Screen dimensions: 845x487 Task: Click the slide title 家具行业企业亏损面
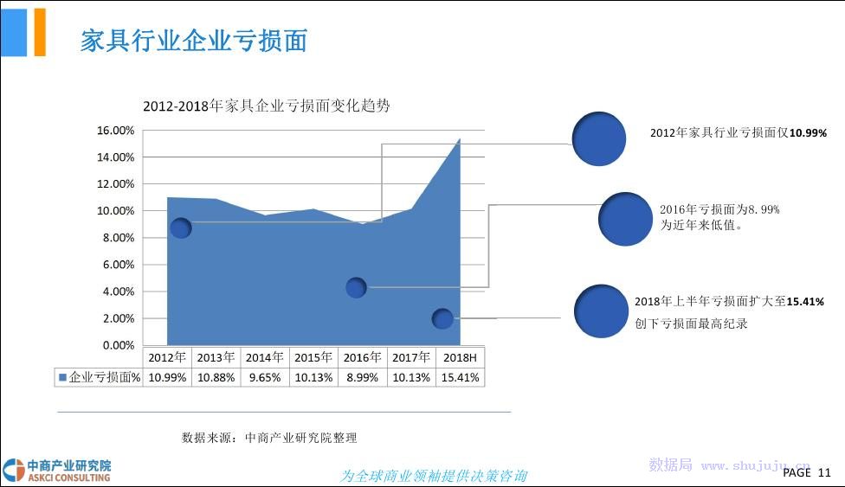(194, 41)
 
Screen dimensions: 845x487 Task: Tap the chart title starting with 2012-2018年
(266, 106)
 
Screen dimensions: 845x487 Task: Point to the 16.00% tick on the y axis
(115, 131)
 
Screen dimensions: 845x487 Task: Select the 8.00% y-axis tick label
(119, 238)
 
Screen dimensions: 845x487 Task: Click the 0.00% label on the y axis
(119, 345)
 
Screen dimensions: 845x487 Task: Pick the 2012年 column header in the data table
(167, 358)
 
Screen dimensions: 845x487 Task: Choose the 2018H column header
(460, 358)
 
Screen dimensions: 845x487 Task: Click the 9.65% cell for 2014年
(265, 378)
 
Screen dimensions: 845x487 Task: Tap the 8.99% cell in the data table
(362, 378)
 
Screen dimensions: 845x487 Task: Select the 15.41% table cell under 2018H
(460, 378)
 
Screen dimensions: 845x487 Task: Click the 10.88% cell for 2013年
(216, 378)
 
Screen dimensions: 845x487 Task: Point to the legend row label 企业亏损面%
(100, 377)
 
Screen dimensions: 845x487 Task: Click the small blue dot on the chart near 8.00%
(181, 227)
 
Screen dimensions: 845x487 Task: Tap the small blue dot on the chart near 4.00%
(356, 288)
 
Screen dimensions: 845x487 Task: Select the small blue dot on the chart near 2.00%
(442, 319)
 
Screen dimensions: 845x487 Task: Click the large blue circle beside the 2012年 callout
(599, 139)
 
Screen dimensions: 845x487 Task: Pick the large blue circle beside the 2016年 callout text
(625, 219)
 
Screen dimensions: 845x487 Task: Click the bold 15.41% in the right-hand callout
(805, 302)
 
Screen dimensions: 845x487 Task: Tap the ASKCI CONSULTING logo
(56, 471)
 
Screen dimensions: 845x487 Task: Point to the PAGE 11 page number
(807, 472)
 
